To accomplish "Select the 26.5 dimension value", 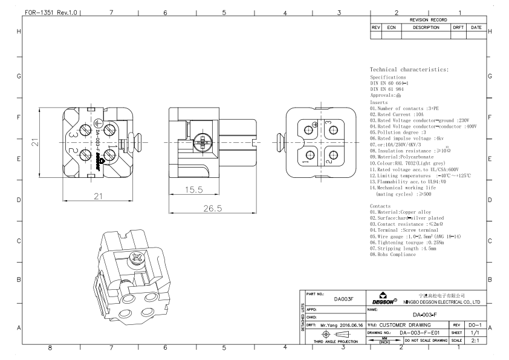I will pyautogui.click(x=213, y=208).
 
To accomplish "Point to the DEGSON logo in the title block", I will pyautogui.click(x=383, y=298).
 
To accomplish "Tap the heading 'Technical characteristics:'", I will pyautogui.click(x=409, y=70).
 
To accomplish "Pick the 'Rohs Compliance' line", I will pyautogui.click(x=393, y=255).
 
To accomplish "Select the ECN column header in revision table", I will pyautogui.click(x=391, y=27).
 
